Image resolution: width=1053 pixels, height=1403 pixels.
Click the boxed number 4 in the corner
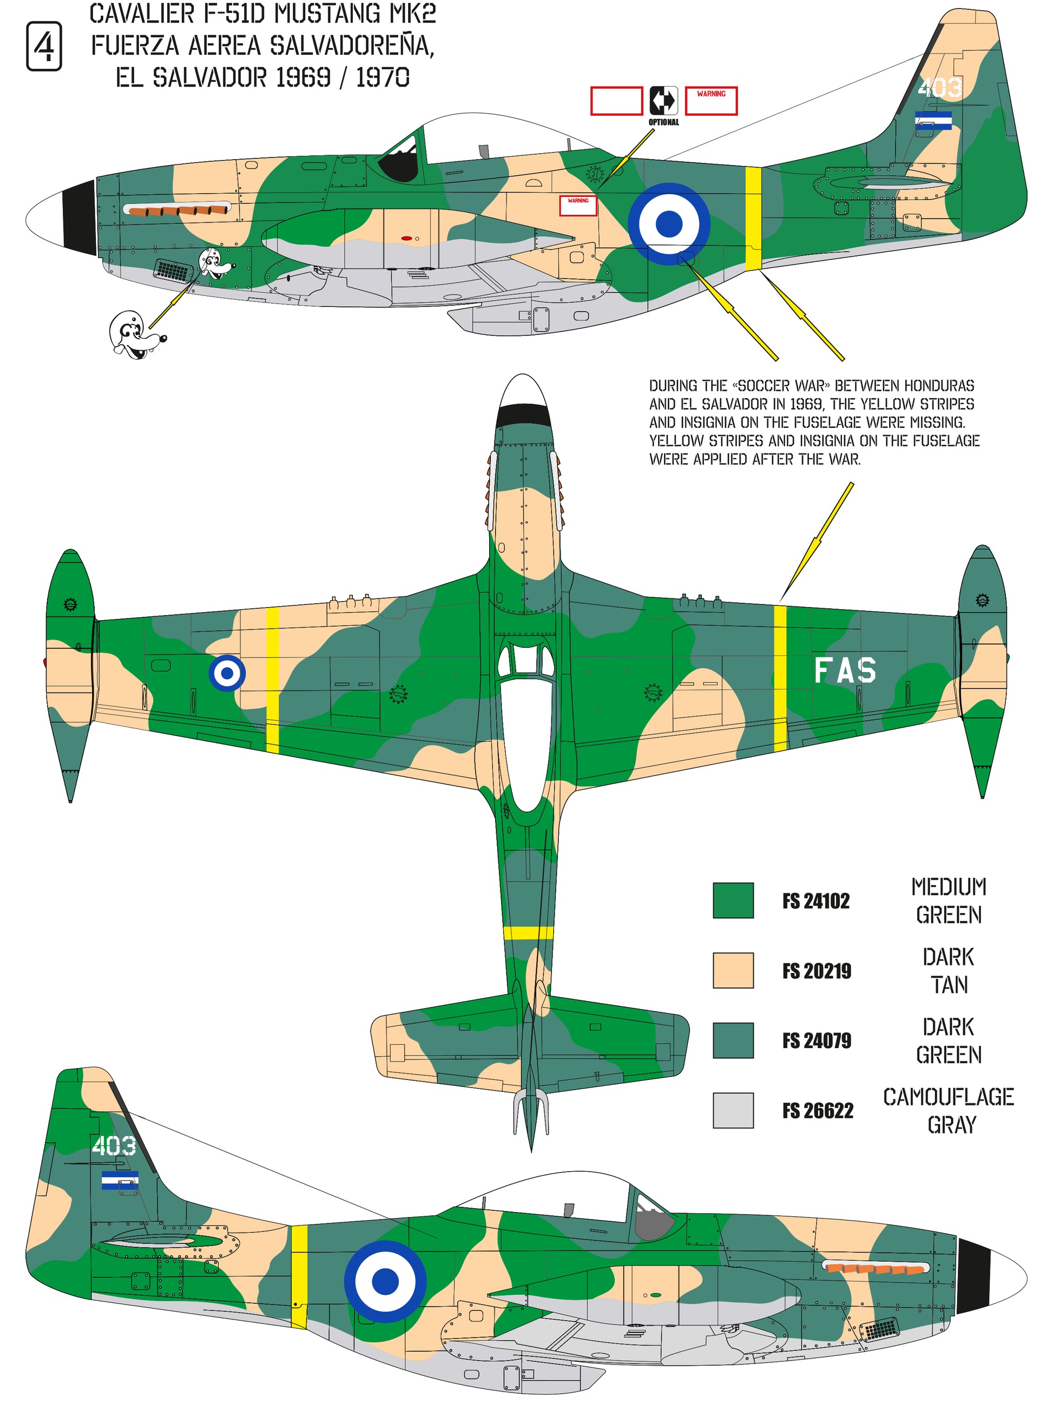[x=44, y=45]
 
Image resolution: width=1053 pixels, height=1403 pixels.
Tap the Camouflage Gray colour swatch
[x=733, y=1110]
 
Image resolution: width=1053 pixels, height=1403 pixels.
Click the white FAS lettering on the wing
[x=845, y=670]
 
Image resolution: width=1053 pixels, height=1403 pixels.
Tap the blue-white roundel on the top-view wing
[x=227, y=673]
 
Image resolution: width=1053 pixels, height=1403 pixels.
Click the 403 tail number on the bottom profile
[x=114, y=1145]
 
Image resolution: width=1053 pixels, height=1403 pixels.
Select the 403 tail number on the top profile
[x=939, y=88]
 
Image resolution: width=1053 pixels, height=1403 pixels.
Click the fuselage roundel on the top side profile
[x=669, y=223]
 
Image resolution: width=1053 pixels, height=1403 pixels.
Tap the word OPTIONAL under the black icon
[x=663, y=122]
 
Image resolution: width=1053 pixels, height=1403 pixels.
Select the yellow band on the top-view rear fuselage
[x=528, y=932]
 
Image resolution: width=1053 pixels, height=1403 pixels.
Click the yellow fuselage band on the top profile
[x=753, y=218]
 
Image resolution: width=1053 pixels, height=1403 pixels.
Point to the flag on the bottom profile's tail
[x=120, y=1180]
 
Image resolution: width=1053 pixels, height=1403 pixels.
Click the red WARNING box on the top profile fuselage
[x=578, y=206]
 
